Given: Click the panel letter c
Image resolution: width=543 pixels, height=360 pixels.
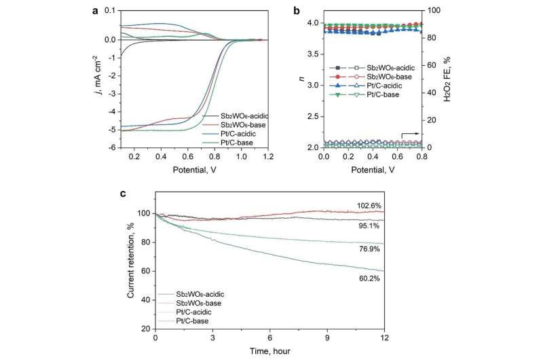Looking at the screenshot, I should [x=123, y=194].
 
